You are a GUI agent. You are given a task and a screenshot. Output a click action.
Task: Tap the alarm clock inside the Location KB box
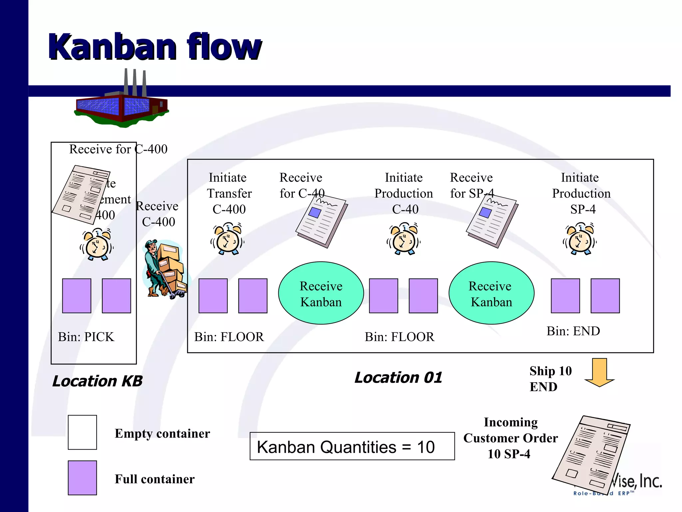coord(97,244)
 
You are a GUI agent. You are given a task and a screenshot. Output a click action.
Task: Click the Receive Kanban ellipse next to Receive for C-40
coord(321,293)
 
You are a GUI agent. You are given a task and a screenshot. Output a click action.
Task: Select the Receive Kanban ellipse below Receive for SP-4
coord(491,293)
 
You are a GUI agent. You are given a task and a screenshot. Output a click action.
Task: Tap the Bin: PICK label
coord(86,337)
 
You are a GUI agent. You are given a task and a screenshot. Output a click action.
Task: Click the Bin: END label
coord(573,331)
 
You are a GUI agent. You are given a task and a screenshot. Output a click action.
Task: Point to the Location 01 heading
coord(398,378)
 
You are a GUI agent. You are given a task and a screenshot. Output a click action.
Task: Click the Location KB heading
coord(97,381)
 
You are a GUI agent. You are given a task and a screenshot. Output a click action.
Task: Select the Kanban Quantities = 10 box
coord(352,446)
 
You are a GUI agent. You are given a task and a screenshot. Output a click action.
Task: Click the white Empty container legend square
coord(82,432)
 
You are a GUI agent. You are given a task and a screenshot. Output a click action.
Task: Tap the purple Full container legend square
coord(82,478)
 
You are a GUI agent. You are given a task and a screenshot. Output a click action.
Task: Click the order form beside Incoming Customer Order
coord(591,455)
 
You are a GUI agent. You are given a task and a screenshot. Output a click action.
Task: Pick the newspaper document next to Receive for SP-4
coord(492,222)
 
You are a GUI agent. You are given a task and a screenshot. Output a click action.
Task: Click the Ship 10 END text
coord(550,379)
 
